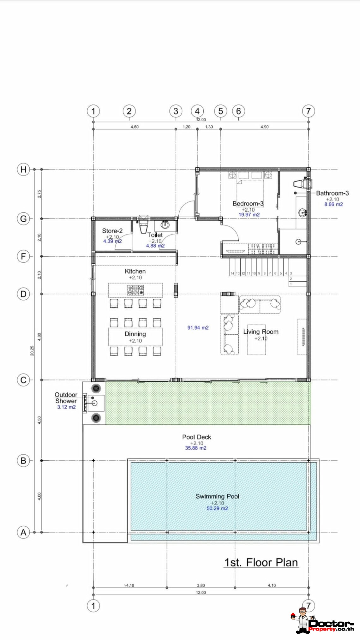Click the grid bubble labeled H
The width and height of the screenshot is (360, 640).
23,170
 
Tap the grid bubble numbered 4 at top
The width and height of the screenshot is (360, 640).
197,111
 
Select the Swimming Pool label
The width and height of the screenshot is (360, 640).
217,496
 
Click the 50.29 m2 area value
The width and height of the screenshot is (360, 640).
217,508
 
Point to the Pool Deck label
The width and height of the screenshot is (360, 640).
196,437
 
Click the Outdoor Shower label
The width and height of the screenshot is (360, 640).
66,398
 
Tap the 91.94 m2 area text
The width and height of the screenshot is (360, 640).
198,328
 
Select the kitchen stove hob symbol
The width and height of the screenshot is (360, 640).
135,290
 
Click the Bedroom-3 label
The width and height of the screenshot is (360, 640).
248,204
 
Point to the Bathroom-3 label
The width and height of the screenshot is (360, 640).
333,193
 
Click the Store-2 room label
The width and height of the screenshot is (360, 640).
112,231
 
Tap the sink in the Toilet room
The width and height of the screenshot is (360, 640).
165,225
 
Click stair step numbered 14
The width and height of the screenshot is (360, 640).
232,273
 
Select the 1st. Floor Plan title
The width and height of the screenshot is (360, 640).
261,563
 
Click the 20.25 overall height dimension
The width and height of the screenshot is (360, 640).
32,350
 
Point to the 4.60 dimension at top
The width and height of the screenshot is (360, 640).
135,127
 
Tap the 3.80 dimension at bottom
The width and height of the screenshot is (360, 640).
201,585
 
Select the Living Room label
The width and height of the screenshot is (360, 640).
261,332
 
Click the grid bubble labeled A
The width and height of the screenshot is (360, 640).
23,532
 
